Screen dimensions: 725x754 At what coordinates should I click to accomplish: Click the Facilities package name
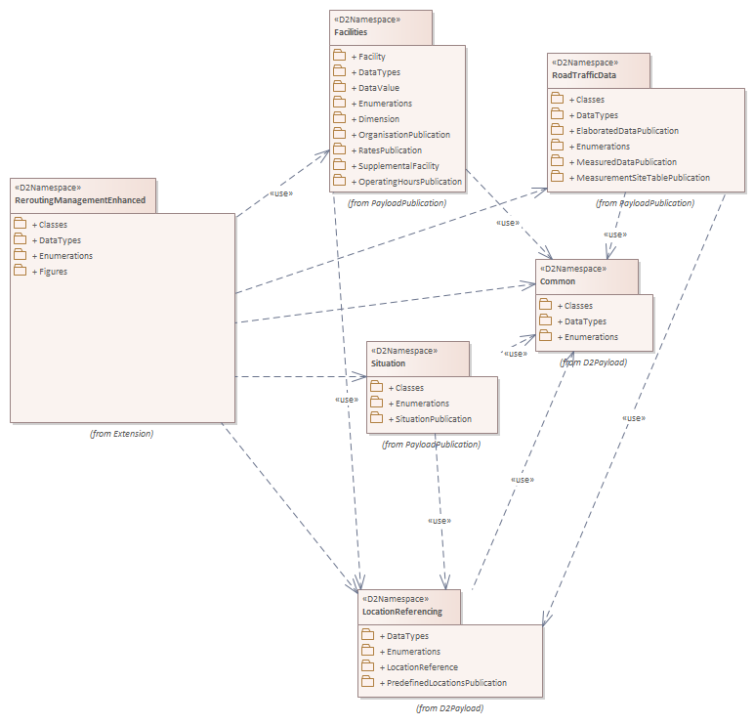coord(351,32)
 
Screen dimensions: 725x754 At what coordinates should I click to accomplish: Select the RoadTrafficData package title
coord(583,75)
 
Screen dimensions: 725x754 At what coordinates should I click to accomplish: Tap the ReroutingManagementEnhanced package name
coord(80,200)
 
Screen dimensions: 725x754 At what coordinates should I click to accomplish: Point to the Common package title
coord(558,281)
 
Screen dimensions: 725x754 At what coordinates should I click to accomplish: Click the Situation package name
coord(388,363)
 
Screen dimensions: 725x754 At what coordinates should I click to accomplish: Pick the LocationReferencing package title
coord(401,612)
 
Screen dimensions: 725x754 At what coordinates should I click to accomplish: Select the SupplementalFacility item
coord(398,166)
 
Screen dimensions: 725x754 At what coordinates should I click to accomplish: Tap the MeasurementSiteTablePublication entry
coord(643,178)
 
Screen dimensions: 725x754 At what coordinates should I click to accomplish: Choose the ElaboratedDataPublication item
coord(627,131)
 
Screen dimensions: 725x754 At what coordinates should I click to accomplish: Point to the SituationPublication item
coord(433,419)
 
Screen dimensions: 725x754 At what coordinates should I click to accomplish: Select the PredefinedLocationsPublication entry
coord(446,683)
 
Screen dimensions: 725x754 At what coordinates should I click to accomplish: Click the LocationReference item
coord(422,667)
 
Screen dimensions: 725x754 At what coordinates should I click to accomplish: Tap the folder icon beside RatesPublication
coord(340,150)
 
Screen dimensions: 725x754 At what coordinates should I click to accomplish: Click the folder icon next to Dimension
coord(340,119)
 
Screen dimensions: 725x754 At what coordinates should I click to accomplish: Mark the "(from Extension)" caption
coord(121,433)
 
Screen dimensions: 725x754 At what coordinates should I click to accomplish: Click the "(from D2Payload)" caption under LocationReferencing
coord(449,707)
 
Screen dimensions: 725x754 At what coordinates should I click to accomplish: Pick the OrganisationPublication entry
coord(404,135)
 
